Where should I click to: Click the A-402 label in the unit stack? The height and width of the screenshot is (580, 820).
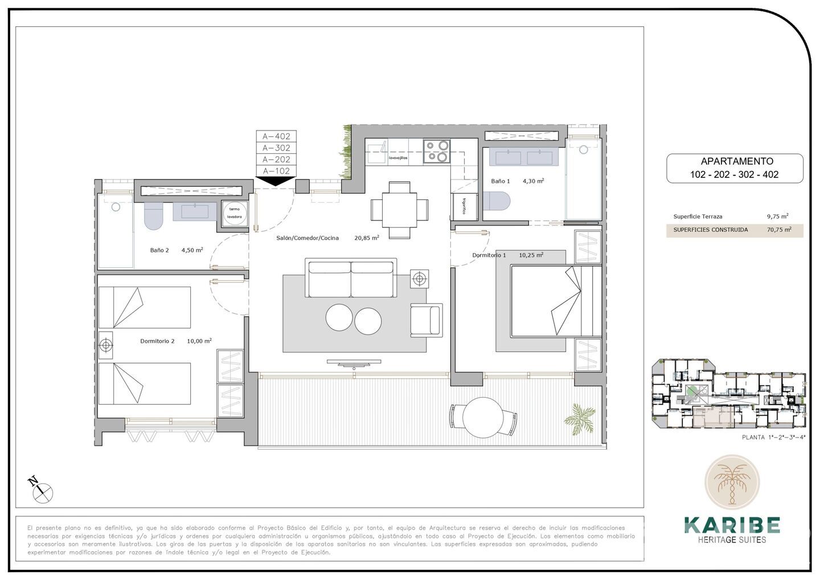pos(276,136)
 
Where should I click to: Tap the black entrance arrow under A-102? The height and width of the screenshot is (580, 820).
pos(276,181)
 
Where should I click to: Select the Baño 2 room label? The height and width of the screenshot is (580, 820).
pos(159,250)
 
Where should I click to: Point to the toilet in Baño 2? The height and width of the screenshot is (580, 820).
pos(153,215)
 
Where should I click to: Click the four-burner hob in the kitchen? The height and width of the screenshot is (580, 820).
pos(437,151)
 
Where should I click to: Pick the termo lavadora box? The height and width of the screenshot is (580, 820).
pos(235,213)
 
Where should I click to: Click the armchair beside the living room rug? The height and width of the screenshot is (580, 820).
pos(426,319)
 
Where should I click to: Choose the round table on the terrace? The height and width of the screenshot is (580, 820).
pos(482,417)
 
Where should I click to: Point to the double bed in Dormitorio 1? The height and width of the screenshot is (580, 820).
pos(555,301)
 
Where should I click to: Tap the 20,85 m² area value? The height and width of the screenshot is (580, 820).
pos(367,238)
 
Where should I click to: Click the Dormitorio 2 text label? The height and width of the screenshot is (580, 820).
pos(157,341)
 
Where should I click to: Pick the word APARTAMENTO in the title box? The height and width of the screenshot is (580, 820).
pos(736,161)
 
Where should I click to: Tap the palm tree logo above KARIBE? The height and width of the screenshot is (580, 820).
pos(732,482)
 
